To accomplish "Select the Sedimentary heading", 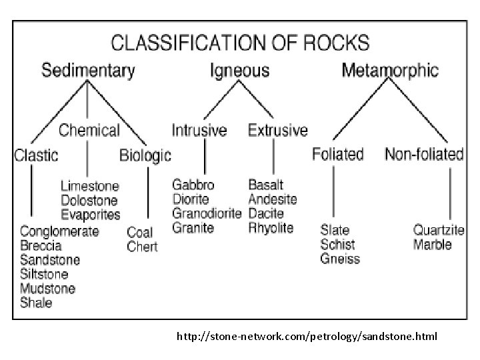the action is [89, 69].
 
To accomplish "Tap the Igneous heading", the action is [240, 69].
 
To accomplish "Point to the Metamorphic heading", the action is [390, 69].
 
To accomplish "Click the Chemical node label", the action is [89, 130].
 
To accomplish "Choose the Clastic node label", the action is [37, 155].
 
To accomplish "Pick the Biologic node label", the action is [145, 155].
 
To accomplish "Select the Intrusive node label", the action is [199, 130].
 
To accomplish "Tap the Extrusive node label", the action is [278, 130].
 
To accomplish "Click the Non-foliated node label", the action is [424, 154].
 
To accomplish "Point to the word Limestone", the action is [90, 186].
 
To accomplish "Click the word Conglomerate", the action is [59, 231].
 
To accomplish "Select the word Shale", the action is [36, 303].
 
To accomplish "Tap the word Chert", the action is [142, 247].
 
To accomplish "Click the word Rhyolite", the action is [271, 228].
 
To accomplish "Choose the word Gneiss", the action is [340, 259].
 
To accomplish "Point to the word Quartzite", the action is [439, 230].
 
